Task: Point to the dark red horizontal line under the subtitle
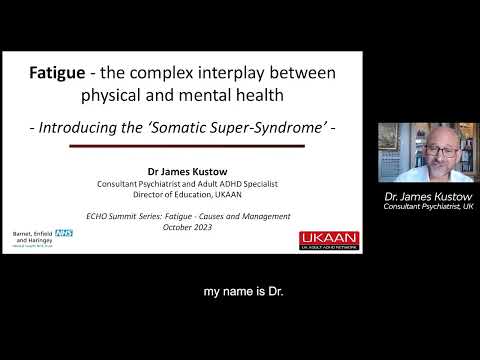click(186, 147)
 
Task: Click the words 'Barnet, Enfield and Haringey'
click(34, 239)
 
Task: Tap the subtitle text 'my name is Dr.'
click(239, 291)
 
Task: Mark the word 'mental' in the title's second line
click(206, 98)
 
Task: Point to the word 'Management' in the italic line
click(262, 216)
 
